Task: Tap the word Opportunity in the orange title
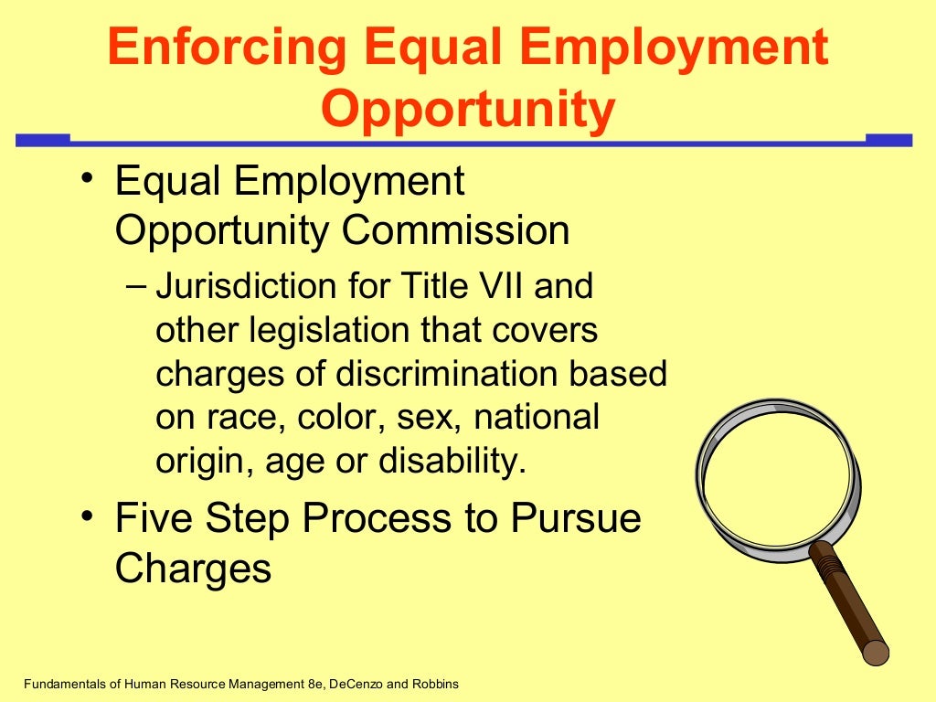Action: (468, 109)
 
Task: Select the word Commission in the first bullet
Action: (456, 231)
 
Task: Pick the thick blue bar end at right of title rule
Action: (888, 140)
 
